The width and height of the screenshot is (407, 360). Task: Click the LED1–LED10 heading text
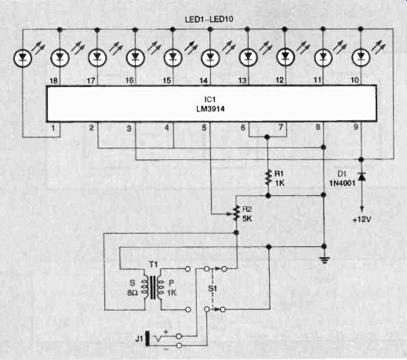click(209, 20)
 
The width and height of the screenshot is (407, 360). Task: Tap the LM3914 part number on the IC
click(210, 109)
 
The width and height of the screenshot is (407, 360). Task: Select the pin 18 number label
click(53, 81)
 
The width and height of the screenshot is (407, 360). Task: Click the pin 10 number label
click(354, 80)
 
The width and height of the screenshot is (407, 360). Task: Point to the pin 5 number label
click(204, 128)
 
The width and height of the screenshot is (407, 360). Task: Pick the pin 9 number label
click(356, 127)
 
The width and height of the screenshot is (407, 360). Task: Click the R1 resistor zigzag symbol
click(267, 177)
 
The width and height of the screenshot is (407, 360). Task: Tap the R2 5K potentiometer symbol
click(236, 213)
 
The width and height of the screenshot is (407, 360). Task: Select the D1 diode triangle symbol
click(362, 176)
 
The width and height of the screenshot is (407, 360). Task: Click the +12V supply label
click(362, 220)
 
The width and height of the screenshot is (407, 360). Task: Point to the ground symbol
click(324, 260)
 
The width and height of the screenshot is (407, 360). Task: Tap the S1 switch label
click(213, 289)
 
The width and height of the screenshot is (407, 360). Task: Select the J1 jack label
click(139, 339)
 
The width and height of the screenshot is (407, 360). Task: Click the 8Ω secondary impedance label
click(133, 293)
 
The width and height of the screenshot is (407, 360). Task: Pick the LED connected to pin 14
click(210, 57)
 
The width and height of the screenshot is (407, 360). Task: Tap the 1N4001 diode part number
click(342, 184)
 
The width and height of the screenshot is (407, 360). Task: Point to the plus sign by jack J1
click(165, 332)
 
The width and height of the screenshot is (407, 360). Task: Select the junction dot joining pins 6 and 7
click(267, 136)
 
